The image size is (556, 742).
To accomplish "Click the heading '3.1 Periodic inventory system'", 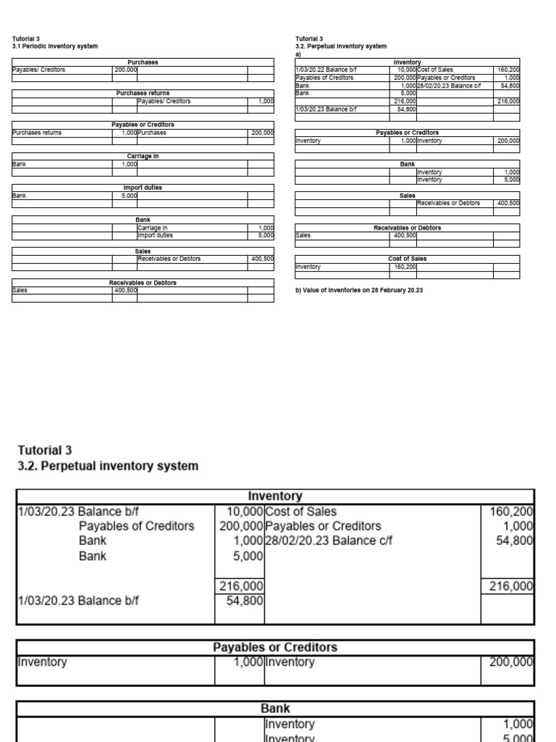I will pyautogui.click(x=55, y=46).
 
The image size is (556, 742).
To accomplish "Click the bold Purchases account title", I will pyautogui.click(x=143, y=63).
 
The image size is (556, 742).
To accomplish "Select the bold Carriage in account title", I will pyautogui.click(x=143, y=156).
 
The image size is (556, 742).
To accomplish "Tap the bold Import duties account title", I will pyautogui.click(x=143, y=188).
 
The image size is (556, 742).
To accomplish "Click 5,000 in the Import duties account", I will pyautogui.click(x=129, y=196).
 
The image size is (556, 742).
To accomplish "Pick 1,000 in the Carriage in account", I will pyautogui.click(x=129, y=164).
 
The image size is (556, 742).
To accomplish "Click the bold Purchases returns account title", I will pyautogui.click(x=143, y=93).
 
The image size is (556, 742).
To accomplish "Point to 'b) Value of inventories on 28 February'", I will pyautogui.click(x=358, y=290).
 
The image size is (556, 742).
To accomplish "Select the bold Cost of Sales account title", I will pyautogui.click(x=407, y=259).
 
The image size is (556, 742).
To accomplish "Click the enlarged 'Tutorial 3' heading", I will pyautogui.click(x=45, y=450).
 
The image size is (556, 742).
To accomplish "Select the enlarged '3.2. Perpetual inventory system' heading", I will pyautogui.click(x=107, y=466).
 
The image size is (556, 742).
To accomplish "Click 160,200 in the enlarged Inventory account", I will pyautogui.click(x=511, y=512).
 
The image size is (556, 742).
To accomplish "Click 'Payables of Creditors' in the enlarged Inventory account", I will pyautogui.click(x=136, y=526).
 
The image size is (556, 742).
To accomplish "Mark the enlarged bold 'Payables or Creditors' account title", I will pyautogui.click(x=275, y=646).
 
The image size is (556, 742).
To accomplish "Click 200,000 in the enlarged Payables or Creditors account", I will pyautogui.click(x=511, y=662).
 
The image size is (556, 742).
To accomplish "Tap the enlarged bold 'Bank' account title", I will pyautogui.click(x=275, y=708).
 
